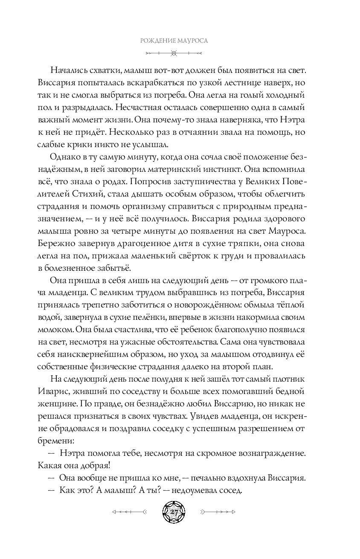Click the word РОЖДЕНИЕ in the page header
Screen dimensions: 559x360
pyautogui.click(x=157, y=41)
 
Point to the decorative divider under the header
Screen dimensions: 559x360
pyautogui.click(x=173, y=53)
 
